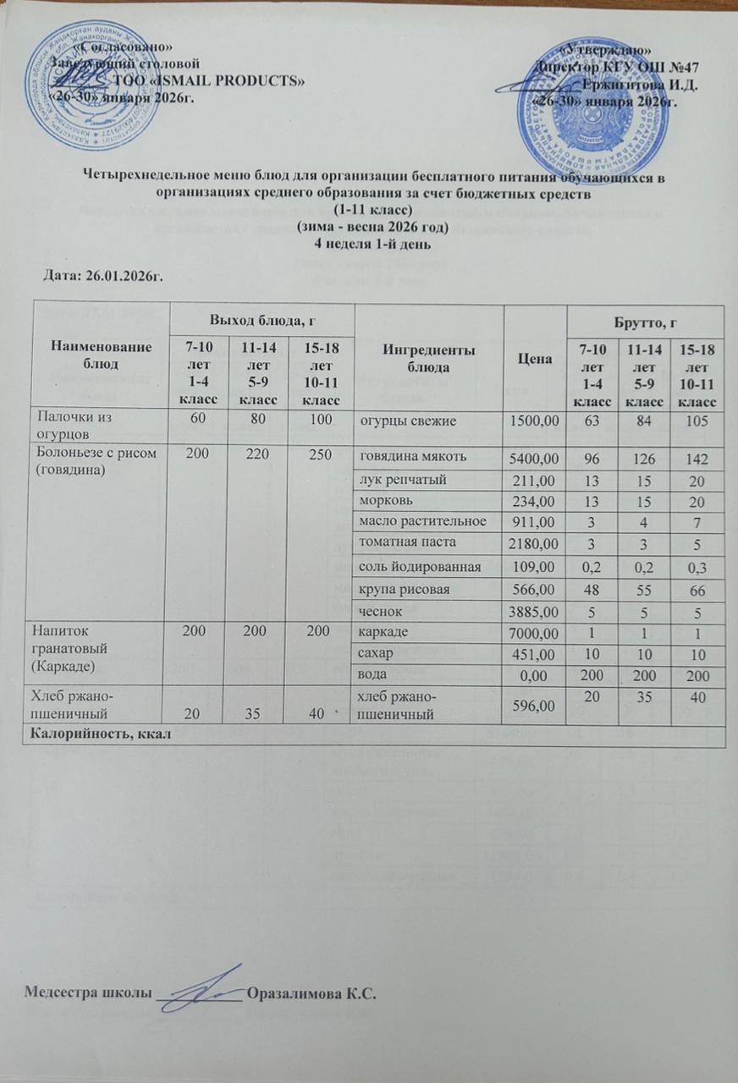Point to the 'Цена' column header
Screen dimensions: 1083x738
point(531,357)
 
